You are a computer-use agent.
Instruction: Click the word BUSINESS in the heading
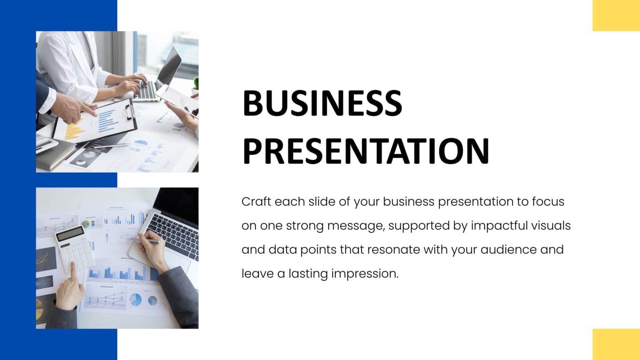coord(322,103)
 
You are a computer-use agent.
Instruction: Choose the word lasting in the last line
coord(308,274)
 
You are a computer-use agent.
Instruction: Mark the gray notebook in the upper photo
coord(54,154)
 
